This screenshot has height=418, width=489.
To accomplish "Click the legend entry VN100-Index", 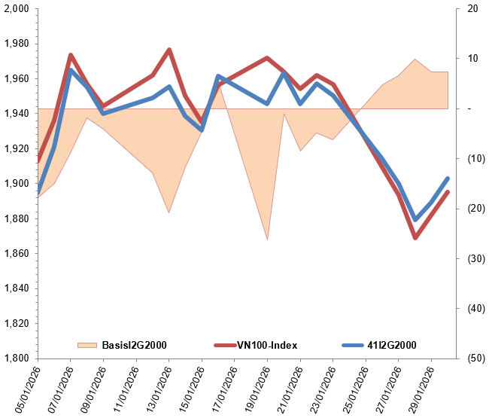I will coord(267,345).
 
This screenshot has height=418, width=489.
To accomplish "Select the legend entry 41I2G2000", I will coord(390,345).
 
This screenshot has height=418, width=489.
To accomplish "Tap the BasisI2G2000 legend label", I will coord(134,345).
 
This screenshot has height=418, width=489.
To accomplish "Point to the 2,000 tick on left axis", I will coord(17,9).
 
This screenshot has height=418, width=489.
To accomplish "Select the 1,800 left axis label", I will coord(17,359).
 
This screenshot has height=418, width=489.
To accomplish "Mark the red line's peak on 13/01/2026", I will coord(169,50).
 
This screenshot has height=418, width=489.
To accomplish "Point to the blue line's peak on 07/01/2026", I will coord(71,70).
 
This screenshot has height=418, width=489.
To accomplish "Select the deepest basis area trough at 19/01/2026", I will coord(268,240).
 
